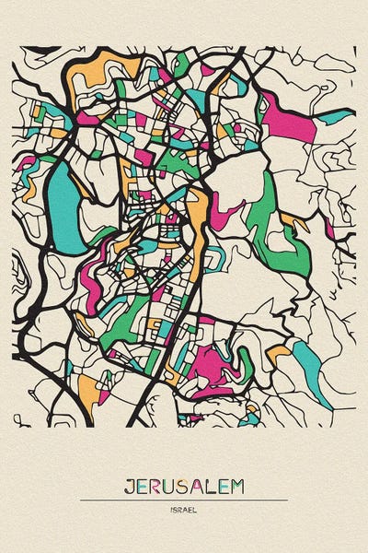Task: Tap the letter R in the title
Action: coord(156,488)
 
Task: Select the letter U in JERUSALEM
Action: coord(171,488)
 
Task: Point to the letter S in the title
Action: coord(185,488)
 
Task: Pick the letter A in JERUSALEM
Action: coord(199,488)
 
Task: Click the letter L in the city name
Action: coord(212,488)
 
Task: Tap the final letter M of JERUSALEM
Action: coord(239,488)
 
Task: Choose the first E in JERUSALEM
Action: coord(142,488)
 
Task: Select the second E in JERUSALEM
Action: coord(224,488)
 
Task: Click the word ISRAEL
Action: coord(184,509)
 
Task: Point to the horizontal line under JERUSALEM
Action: coord(184,500)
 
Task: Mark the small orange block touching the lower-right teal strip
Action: coord(281,351)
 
